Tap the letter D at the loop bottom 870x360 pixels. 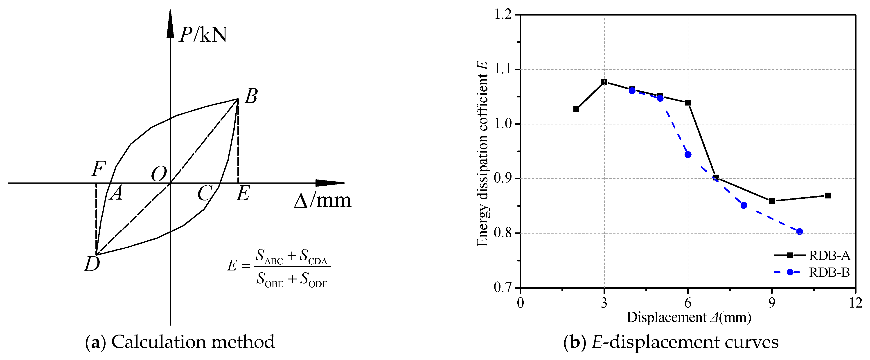(92, 264)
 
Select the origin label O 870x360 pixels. (159, 175)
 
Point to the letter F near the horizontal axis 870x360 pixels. (99, 169)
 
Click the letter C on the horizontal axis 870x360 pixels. (205, 193)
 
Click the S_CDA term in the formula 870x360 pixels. (313, 257)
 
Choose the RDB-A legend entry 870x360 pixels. (829, 256)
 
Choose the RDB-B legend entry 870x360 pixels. (829, 272)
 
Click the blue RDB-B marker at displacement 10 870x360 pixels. (799, 231)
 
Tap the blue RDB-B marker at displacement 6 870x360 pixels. (688, 155)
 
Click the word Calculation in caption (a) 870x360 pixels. (159, 342)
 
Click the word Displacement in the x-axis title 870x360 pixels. (666, 317)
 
